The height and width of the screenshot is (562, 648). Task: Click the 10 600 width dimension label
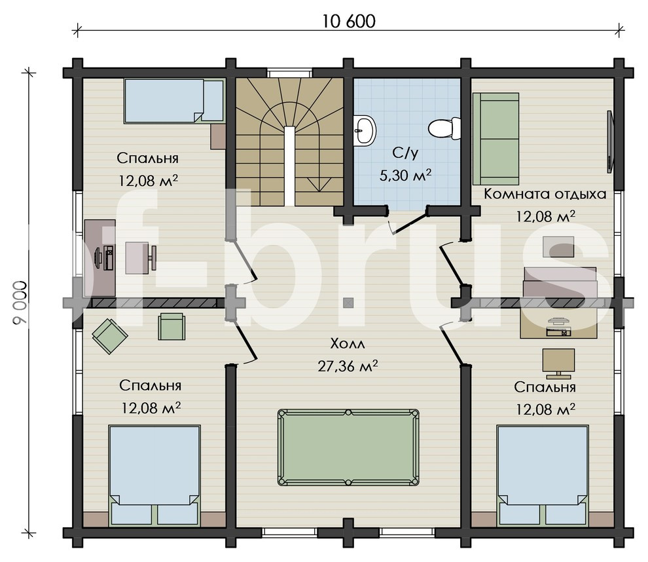tap(348, 22)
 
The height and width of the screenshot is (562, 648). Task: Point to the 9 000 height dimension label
tap(20, 303)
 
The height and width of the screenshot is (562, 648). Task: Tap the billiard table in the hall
tap(348, 447)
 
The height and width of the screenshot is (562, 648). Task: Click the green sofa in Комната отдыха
tap(495, 139)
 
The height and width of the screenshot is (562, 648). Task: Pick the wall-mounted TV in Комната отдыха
tap(610, 141)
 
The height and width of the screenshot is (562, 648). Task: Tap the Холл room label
tap(348, 344)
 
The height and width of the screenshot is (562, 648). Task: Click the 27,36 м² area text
tap(348, 366)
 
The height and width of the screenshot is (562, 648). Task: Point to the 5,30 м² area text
tap(405, 176)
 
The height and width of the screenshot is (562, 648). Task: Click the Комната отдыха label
tap(545, 193)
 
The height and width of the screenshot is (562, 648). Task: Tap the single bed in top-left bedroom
tap(173, 101)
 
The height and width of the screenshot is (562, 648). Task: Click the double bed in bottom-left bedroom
tap(154, 476)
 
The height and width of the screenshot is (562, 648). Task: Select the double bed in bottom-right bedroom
tap(543, 476)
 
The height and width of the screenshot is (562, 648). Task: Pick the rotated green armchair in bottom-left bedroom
tap(109, 336)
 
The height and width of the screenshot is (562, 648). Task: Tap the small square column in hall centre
tap(348, 303)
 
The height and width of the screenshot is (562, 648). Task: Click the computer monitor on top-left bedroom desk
tap(99, 259)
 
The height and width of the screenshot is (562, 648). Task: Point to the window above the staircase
tap(289, 73)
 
